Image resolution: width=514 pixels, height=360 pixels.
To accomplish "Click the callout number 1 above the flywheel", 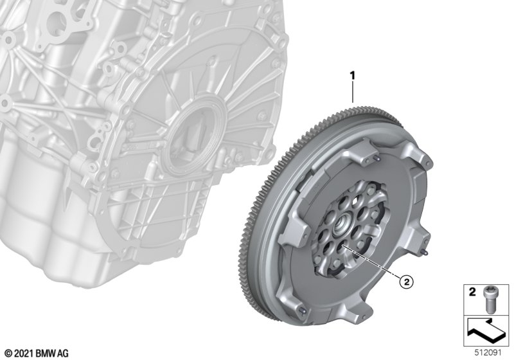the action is click(352, 76).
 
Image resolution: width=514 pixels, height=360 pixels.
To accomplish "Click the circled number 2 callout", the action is click(406, 282).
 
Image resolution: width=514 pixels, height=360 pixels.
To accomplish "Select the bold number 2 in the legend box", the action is click(472, 292).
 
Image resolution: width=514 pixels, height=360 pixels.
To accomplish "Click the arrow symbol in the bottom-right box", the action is click(486, 331).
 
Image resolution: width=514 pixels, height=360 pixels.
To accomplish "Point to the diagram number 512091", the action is click(488, 353).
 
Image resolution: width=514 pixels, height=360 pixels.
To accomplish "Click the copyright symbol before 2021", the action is click(9, 354).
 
